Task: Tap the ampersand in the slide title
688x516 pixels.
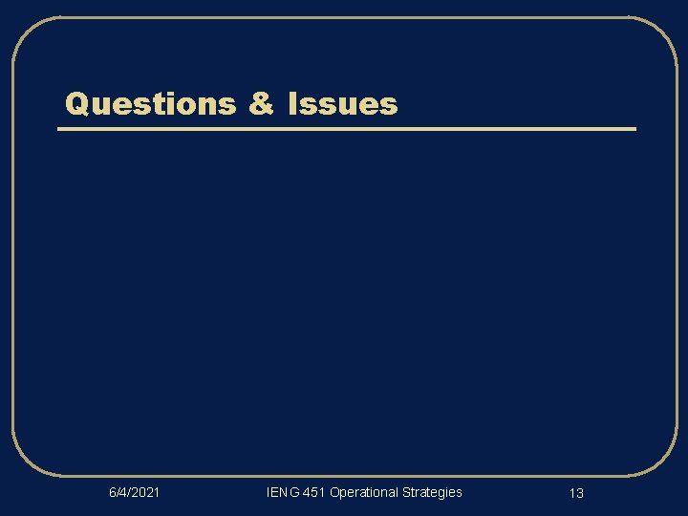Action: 261,103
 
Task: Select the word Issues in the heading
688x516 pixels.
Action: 342,103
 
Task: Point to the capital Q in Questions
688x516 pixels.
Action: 75,103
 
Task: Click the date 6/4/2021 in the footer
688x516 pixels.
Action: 134,492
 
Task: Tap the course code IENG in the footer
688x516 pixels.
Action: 282,492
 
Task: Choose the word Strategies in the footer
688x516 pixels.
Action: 432,492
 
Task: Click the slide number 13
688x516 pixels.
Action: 576,493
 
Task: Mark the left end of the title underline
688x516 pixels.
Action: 60,128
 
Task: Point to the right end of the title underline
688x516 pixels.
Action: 634,128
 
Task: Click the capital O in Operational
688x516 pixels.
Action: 334,492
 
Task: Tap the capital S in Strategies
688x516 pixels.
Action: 406,492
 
